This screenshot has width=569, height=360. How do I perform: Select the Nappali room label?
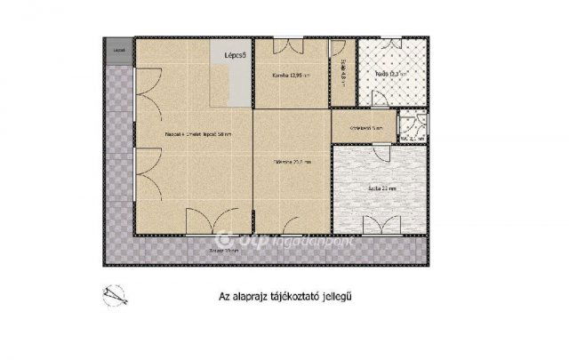pos(198,135)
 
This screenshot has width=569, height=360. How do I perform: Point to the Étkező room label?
pos(291,162)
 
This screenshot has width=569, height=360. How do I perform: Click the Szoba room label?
pos(382,188)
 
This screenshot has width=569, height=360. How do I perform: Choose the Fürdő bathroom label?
pos(383,75)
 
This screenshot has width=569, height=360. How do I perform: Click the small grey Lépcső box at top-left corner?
pos(118,51)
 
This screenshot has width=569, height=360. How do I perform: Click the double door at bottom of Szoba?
pos(383,225)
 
